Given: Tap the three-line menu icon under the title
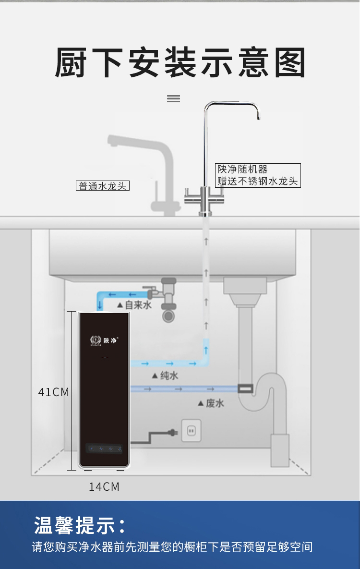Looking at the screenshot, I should click(x=173, y=98).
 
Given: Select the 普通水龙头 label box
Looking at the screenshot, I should click(x=103, y=186).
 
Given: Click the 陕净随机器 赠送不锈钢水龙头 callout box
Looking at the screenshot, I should click(x=258, y=175).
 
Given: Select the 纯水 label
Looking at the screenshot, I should click(x=165, y=375).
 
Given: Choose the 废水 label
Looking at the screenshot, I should click(x=211, y=403).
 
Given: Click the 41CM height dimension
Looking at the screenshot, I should click(x=54, y=392).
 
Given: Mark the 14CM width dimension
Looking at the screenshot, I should click(x=104, y=487).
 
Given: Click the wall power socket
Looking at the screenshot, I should click(x=191, y=431).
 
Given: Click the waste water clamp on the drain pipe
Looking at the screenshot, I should click(x=246, y=387).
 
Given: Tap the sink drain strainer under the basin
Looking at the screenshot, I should click(x=245, y=286).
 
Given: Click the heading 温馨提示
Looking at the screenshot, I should click(x=80, y=525).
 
